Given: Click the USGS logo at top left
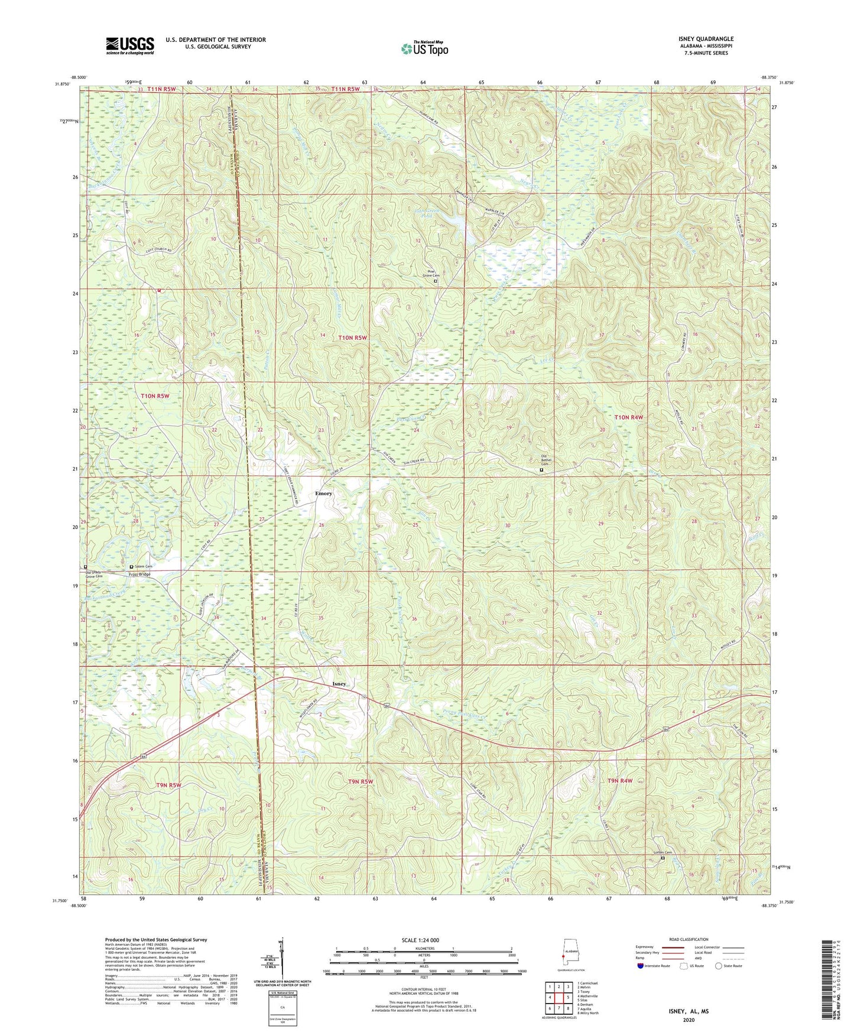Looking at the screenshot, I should (x=130, y=46).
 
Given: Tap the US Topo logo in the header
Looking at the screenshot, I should (x=424, y=48).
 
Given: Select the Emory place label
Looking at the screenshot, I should (x=323, y=493).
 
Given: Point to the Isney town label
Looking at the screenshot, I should (x=339, y=684).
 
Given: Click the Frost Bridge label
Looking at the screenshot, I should (x=140, y=575).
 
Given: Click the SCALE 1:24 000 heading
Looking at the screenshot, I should (x=420, y=940).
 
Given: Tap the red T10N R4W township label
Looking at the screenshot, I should (x=628, y=417).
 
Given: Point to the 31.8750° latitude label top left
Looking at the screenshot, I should (x=61, y=84).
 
